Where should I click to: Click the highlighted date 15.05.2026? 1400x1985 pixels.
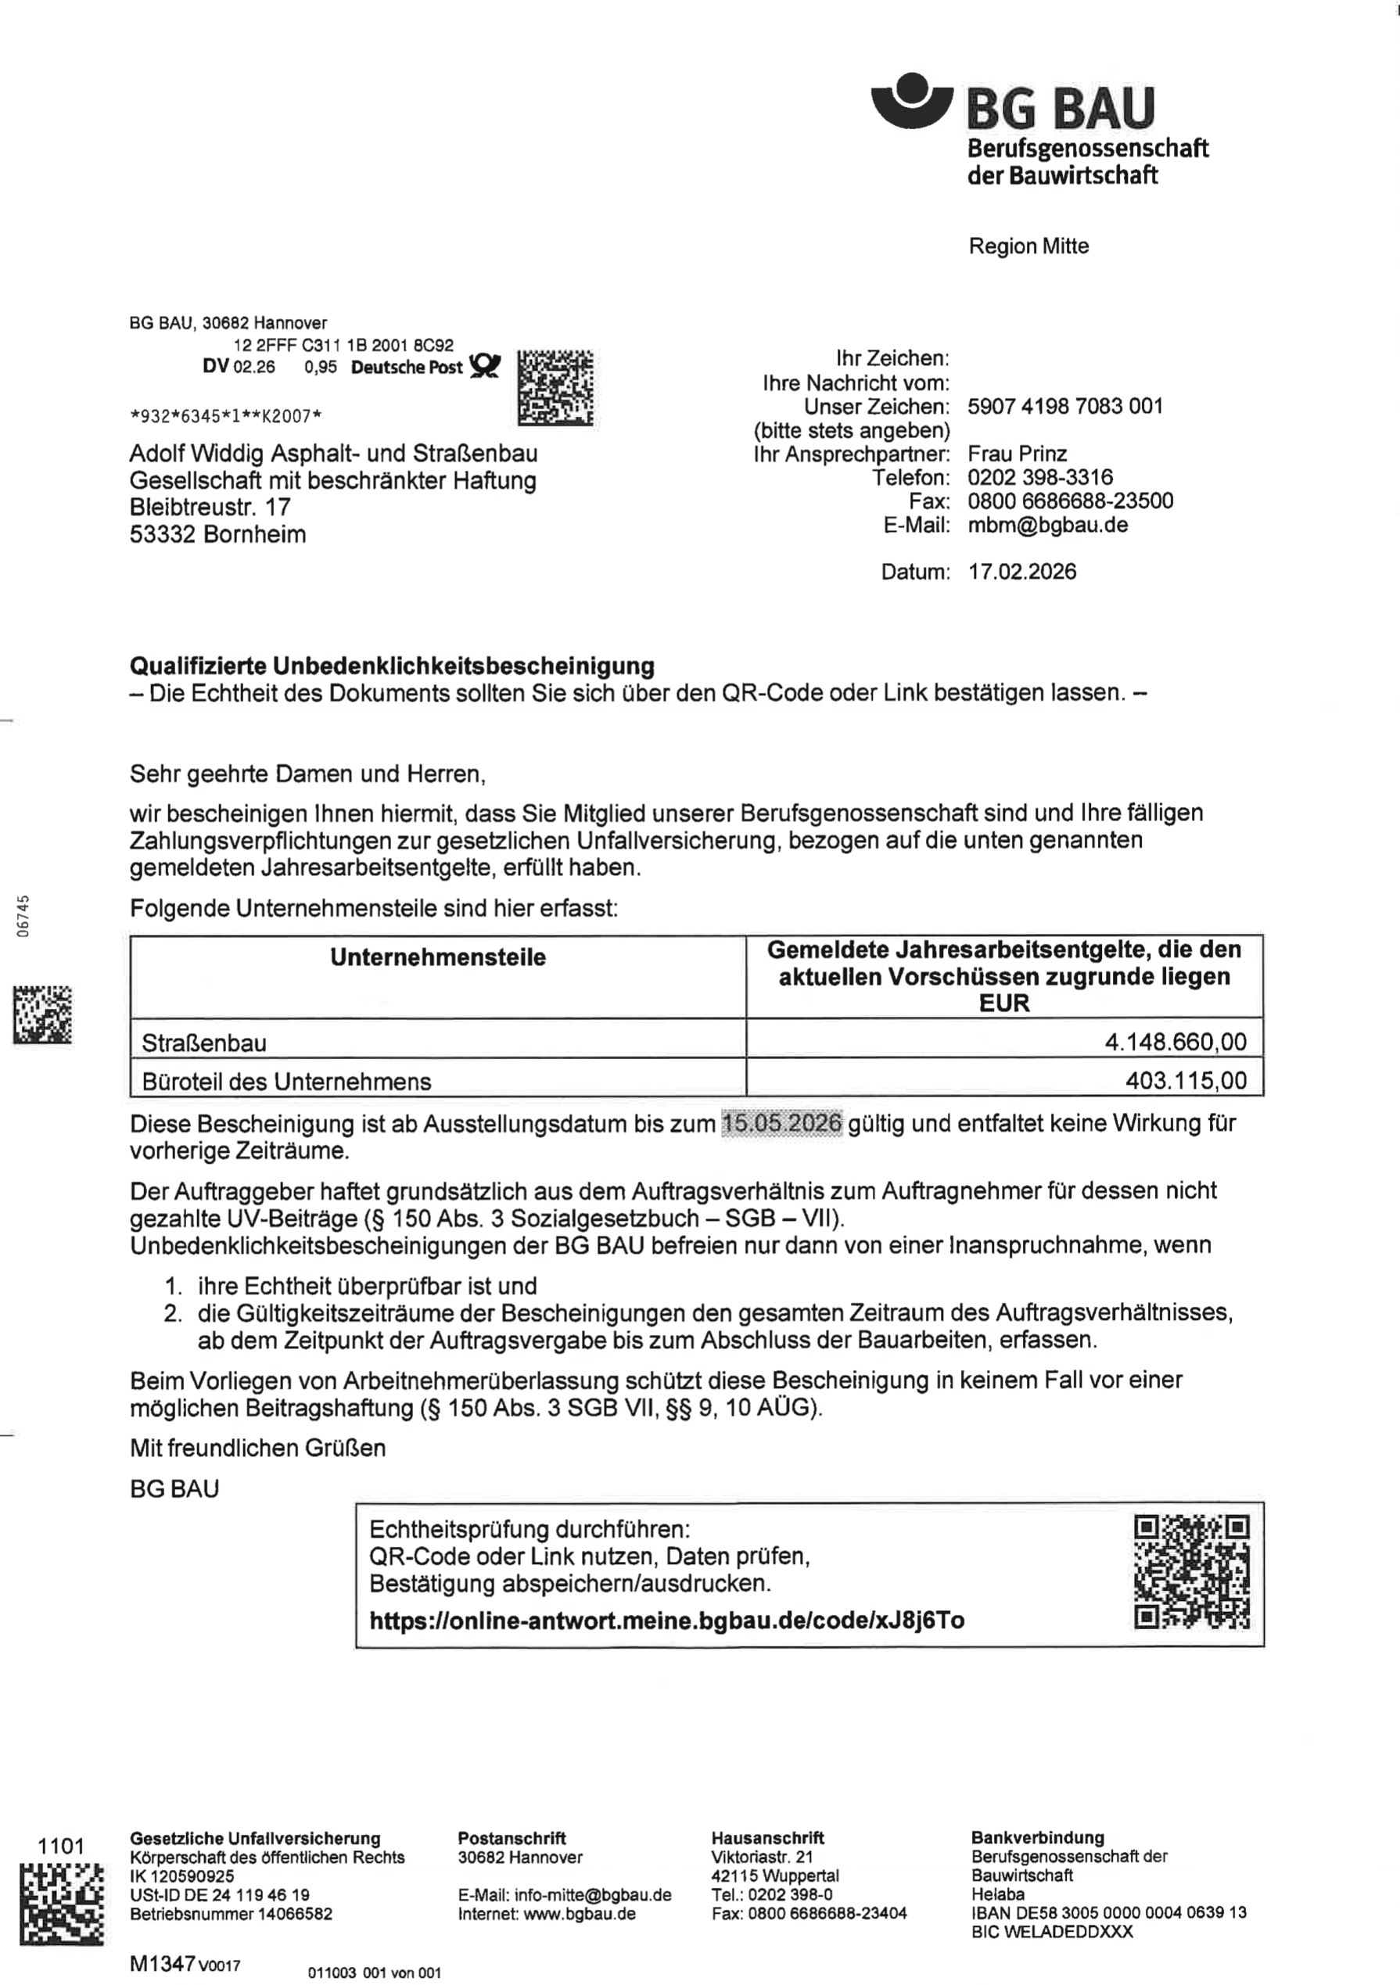(x=781, y=1123)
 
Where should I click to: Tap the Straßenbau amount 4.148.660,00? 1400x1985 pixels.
(x=1176, y=1041)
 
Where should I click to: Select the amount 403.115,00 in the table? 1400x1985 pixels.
(x=1186, y=1080)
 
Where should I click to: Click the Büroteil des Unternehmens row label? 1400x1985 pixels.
(x=286, y=1081)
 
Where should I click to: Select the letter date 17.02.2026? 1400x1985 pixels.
(x=1021, y=572)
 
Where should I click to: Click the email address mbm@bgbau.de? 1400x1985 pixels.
(x=1047, y=525)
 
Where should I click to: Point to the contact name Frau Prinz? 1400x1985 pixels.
(x=1017, y=454)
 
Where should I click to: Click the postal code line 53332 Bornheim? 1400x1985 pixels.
(x=218, y=534)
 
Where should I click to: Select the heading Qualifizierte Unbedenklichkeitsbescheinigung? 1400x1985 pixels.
(x=392, y=666)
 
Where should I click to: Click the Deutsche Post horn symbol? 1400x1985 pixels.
(x=484, y=366)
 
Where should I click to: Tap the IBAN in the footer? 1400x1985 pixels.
(x=1108, y=1911)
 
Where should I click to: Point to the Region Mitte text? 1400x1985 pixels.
(x=1028, y=246)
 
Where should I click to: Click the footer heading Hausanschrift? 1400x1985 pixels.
(x=767, y=1837)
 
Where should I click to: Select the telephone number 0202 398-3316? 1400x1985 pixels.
(x=1039, y=477)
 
